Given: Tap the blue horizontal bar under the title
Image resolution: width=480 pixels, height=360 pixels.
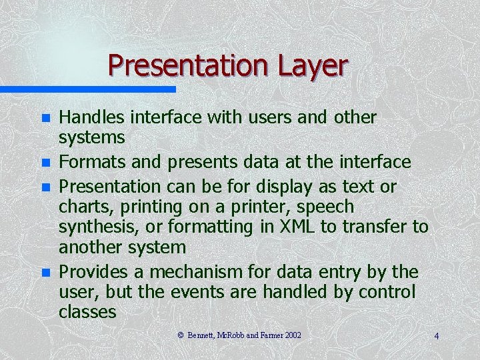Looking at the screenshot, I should point(87,89).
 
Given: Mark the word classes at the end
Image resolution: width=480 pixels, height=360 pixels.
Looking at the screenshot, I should point(87,311).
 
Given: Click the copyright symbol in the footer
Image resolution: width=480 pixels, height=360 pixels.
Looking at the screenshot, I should point(181,335).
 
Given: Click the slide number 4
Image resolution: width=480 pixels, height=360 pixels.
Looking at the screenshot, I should point(436,336).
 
